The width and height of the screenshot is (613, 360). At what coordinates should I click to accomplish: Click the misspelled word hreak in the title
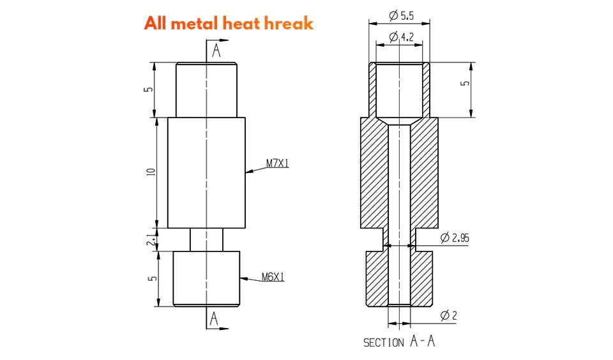288,24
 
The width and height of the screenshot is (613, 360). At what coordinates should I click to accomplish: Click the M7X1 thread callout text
278,163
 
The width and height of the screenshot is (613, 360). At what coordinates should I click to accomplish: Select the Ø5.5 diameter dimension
400,14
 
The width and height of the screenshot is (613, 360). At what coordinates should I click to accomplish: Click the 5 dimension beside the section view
465,84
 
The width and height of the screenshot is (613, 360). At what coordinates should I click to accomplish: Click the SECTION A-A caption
399,342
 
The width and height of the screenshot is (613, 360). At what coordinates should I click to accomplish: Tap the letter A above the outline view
216,51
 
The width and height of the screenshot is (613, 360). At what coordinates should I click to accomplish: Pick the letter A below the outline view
215,318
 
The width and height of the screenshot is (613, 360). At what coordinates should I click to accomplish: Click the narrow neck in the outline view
207,239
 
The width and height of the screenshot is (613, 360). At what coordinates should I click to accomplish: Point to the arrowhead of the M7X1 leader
249,170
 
